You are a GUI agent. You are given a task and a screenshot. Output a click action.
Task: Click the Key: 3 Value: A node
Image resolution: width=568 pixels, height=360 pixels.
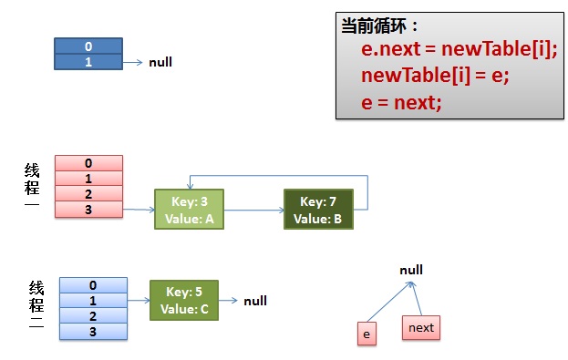pos(189,209)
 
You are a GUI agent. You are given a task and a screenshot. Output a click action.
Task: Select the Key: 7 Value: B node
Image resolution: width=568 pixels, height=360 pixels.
pos(318,209)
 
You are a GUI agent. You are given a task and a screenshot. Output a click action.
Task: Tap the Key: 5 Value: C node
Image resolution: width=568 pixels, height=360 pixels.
pos(184,300)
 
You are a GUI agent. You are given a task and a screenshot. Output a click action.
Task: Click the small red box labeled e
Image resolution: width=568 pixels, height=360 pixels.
pos(366,334)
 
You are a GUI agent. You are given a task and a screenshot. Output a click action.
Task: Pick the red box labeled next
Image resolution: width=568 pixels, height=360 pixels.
pos(421,327)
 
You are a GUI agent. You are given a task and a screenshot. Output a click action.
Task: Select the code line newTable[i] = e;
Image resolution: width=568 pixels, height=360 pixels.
pos(434,77)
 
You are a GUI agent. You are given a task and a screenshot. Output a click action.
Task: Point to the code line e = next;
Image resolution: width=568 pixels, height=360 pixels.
pos(401,102)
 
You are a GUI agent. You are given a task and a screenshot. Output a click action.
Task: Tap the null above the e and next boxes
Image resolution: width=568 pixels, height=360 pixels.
pos(411,271)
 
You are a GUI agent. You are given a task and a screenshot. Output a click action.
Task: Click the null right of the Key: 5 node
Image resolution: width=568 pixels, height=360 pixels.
pos(255,301)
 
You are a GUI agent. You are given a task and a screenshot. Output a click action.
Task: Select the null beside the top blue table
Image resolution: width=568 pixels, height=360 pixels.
pos(160,63)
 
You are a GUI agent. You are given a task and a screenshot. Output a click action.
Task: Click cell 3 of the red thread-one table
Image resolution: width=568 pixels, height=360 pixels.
pos(88,210)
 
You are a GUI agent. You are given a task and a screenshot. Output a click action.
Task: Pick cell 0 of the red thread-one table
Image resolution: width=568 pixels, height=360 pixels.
pos(88,163)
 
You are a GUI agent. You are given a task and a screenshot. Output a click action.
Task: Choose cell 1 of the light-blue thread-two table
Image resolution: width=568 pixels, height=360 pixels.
pos(93,301)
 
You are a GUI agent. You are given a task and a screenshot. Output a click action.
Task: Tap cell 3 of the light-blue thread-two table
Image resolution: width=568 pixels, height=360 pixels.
pos(93,331)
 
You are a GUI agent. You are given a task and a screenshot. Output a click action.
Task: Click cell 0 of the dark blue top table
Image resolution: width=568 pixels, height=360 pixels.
pos(88,46)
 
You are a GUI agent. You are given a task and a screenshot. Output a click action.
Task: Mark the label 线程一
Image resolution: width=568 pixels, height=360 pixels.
pos(32,188)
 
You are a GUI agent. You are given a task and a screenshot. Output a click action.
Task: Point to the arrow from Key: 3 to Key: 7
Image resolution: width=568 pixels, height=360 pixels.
pos(253,210)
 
